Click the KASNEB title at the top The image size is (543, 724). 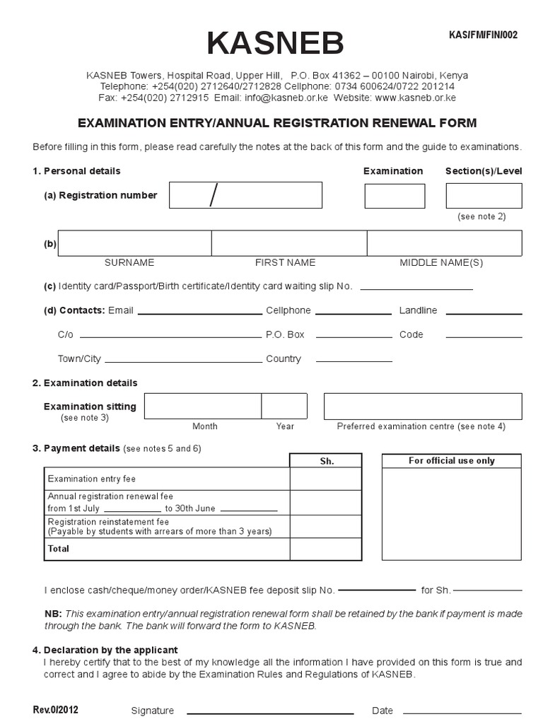[x=275, y=44]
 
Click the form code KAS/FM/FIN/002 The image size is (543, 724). [x=484, y=35]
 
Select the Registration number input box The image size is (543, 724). [x=245, y=195]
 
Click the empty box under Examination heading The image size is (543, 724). [x=395, y=196]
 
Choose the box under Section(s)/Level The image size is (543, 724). [x=484, y=196]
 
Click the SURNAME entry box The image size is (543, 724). [x=135, y=243]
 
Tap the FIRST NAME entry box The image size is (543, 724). [x=288, y=243]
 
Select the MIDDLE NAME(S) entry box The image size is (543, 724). [x=444, y=243]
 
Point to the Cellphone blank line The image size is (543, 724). [x=353, y=313]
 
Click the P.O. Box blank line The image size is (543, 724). [x=353, y=337]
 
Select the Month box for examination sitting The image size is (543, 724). [x=203, y=407]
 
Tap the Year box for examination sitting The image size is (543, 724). [x=284, y=407]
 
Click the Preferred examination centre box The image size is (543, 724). [x=423, y=407]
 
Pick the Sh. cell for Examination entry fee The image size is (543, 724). [x=327, y=479]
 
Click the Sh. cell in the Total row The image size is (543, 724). [x=327, y=549]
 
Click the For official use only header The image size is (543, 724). [x=452, y=461]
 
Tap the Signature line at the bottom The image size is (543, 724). [x=269, y=711]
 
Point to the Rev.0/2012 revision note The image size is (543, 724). [x=55, y=710]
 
